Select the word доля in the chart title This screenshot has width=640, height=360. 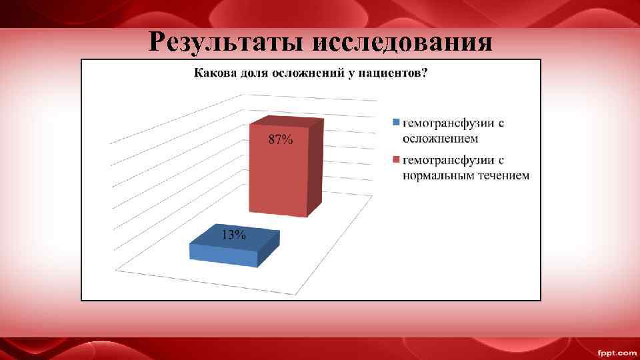click(x=253, y=73)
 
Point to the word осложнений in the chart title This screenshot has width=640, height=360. click(x=304, y=73)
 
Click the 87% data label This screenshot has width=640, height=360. click(x=280, y=140)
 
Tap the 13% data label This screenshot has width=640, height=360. click(x=234, y=235)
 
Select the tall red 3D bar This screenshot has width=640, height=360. click(x=280, y=173)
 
